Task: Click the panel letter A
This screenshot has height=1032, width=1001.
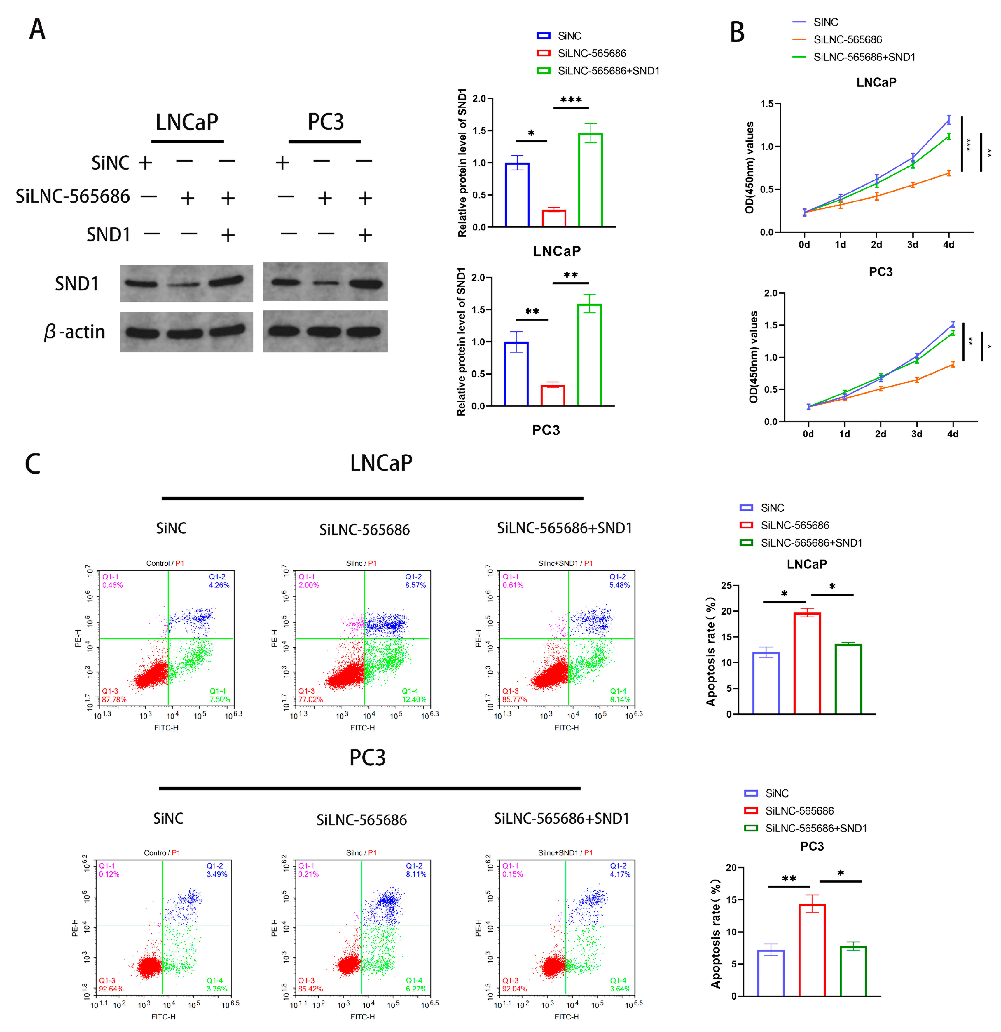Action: click(37, 29)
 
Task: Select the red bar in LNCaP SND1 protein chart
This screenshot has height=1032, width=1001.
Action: click(554, 218)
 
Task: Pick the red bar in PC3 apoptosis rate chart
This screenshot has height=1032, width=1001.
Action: click(812, 950)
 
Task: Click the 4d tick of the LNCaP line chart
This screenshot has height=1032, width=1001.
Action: click(948, 244)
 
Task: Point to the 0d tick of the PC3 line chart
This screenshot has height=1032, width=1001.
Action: click(808, 434)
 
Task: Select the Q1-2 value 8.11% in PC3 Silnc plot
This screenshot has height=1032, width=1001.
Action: click(416, 874)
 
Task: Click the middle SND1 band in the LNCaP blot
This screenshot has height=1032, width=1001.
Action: click(184, 284)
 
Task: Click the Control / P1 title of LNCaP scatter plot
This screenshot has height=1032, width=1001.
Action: click(165, 563)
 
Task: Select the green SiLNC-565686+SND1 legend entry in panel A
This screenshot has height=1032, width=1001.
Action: click(608, 71)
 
